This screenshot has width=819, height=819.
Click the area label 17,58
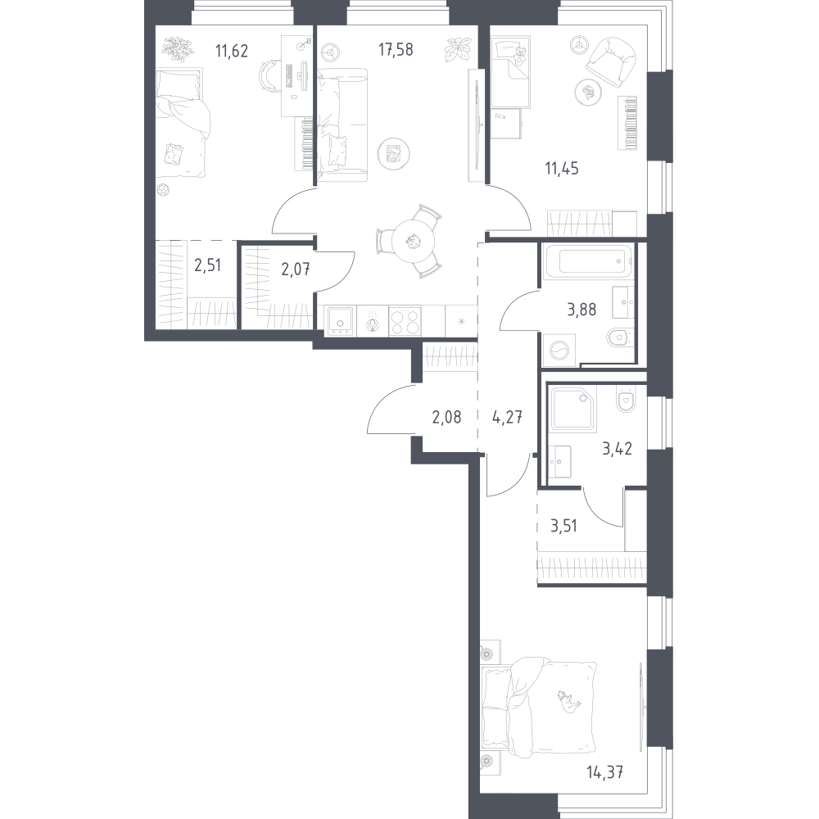(x=396, y=50)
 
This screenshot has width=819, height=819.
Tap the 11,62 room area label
(x=232, y=51)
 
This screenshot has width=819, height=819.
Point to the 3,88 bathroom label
(x=581, y=310)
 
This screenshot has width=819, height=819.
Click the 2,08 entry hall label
(x=446, y=418)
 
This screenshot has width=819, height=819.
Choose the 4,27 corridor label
(x=507, y=418)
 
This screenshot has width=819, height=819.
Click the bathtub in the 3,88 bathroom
(x=587, y=260)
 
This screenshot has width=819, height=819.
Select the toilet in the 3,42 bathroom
(x=626, y=400)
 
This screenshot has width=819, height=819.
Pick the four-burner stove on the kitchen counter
(x=405, y=321)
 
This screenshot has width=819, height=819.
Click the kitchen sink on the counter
(x=341, y=321)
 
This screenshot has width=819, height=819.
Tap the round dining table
(x=413, y=242)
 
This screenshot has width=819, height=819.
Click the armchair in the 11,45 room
(x=612, y=60)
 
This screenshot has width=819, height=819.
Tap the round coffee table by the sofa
(x=393, y=154)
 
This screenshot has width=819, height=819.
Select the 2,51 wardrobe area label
(x=207, y=265)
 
